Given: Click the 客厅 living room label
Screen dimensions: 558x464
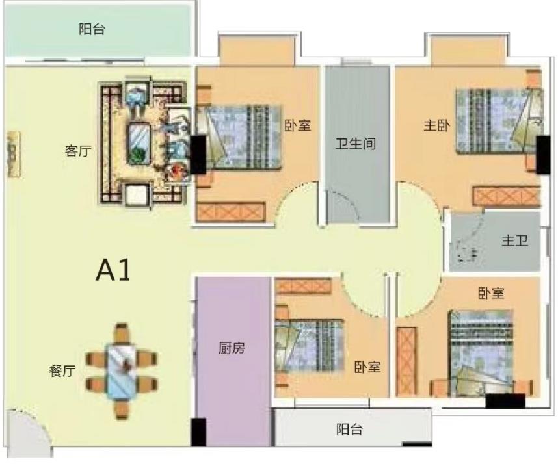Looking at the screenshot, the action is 78,151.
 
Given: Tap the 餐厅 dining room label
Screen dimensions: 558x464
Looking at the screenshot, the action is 62,371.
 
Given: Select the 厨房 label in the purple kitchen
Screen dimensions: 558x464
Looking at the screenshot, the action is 232,348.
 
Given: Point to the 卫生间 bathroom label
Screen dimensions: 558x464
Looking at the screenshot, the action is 356,144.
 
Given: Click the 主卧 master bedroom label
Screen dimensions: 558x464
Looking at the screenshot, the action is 436,125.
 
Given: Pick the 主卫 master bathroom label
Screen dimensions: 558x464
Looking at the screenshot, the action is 514,240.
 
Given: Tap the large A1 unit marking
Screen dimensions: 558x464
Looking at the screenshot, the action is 113,270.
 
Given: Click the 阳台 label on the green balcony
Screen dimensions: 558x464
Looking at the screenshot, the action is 92,29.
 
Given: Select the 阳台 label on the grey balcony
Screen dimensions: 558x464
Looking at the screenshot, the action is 349,430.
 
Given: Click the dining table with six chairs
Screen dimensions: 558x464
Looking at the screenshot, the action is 122,371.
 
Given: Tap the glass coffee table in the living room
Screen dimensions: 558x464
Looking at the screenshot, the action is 139,143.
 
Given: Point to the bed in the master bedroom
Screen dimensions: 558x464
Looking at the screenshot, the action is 500,121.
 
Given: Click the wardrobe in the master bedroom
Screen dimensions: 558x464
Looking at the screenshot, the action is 507,196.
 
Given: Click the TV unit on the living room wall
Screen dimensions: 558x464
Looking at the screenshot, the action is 13,154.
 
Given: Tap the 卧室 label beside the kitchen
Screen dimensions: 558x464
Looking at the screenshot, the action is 367,367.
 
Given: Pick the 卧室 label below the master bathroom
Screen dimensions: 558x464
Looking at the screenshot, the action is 491,293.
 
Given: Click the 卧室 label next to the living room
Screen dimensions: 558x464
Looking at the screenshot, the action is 297,125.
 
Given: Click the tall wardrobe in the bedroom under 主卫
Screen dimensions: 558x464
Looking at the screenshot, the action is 406,361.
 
